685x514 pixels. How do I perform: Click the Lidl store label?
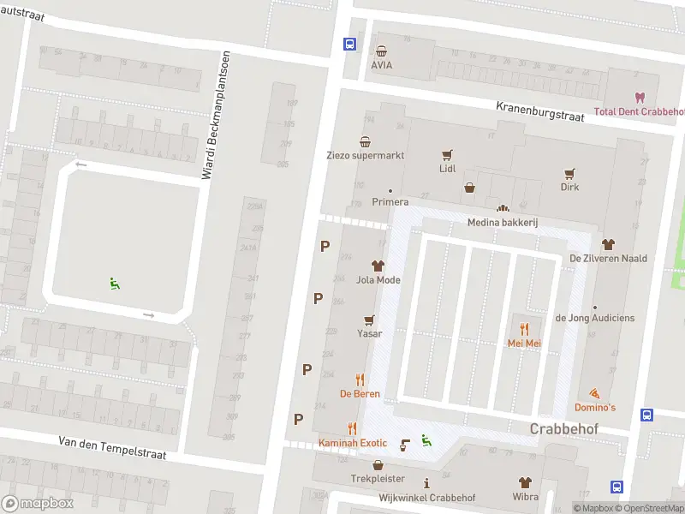(x=447, y=169)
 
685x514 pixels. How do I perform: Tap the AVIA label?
(x=381, y=64)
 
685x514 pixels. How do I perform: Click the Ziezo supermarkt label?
(x=365, y=156)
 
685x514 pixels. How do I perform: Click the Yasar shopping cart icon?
(x=369, y=320)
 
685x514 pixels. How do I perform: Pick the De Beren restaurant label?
(x=360, y=394)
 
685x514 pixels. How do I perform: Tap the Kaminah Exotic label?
(x=353, y=443)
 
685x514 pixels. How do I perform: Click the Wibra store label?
(x=525, y=497)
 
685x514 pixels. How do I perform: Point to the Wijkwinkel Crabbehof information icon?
(x=426, y=483)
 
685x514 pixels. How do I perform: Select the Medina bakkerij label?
(x=502, y=223)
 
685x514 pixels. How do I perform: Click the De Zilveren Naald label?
(x=608, y=258)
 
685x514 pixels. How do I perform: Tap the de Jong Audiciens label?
(x=595, y=318)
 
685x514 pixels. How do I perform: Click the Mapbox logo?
(x=38, y=504)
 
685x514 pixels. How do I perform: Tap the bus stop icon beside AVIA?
(x=348, y=45)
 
